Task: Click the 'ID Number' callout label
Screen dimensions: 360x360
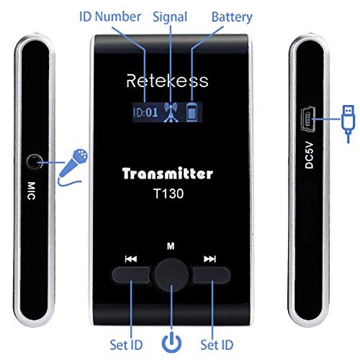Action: pyautogui.click(x=116, y=16)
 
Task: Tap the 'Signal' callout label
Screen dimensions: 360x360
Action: pyautogui.click(x=171, y=16)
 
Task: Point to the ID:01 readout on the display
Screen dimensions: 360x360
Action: pyautogui.click(x=145, y=112)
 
